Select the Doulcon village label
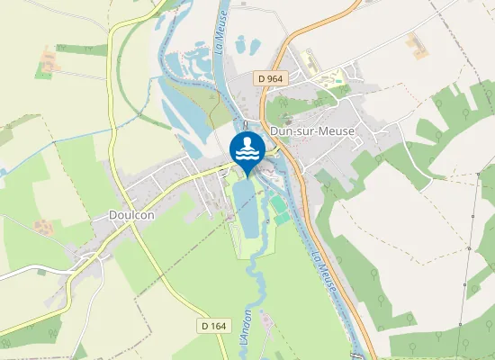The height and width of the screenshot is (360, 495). point(133,216)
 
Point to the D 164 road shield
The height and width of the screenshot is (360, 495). point(211,325)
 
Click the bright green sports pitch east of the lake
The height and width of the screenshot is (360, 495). point(281,218)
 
